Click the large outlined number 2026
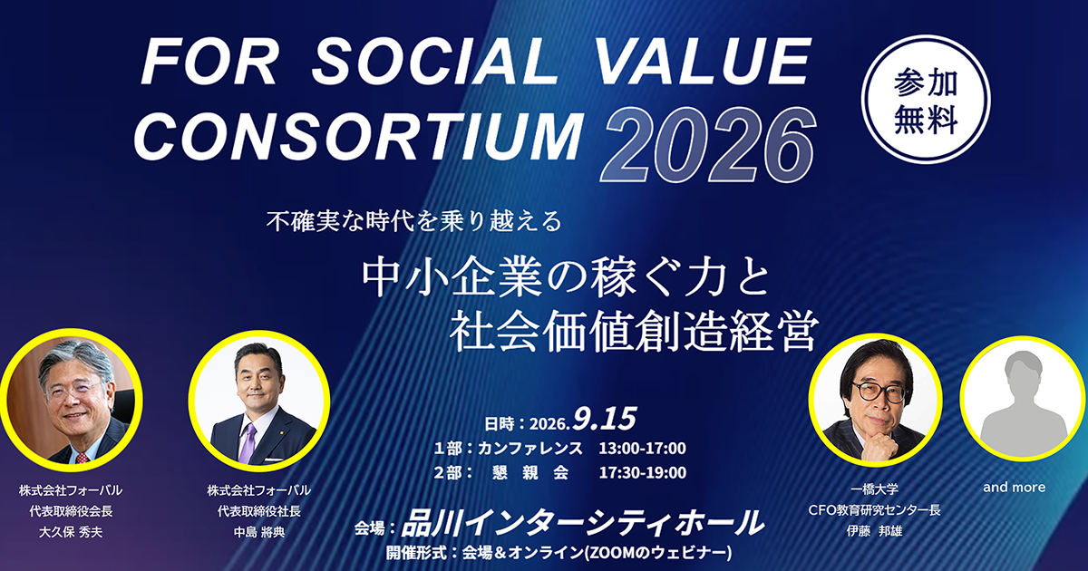tap(708, 144)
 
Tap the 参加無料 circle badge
tap(926, 99)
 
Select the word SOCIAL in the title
tap(435, 63)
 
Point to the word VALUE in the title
tap(703, 63)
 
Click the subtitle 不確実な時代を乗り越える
tap(414, 222)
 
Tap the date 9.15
tap(605, 419)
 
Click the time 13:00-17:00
tap(642, 448)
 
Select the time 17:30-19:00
tap(642, 472)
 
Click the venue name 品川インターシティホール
tap(582, 524)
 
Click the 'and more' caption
tap(1015, 487)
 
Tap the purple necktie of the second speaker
tap(248, 443)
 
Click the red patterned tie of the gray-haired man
tap(82, 458)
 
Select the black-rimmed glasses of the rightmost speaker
tap(879, 392)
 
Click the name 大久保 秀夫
tap(71, 532)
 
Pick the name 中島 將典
tap(259, 532)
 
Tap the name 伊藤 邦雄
tap(874, 531)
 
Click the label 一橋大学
tap(874, 489)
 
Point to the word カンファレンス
tap(529, 448)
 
